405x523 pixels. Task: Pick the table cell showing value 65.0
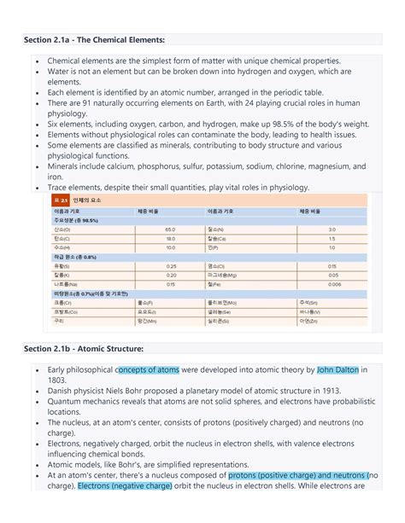click(x=170, y=230)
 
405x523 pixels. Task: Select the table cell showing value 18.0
click(x=170, y=239)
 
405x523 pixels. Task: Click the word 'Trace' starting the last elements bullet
click(x=60, y=188)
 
